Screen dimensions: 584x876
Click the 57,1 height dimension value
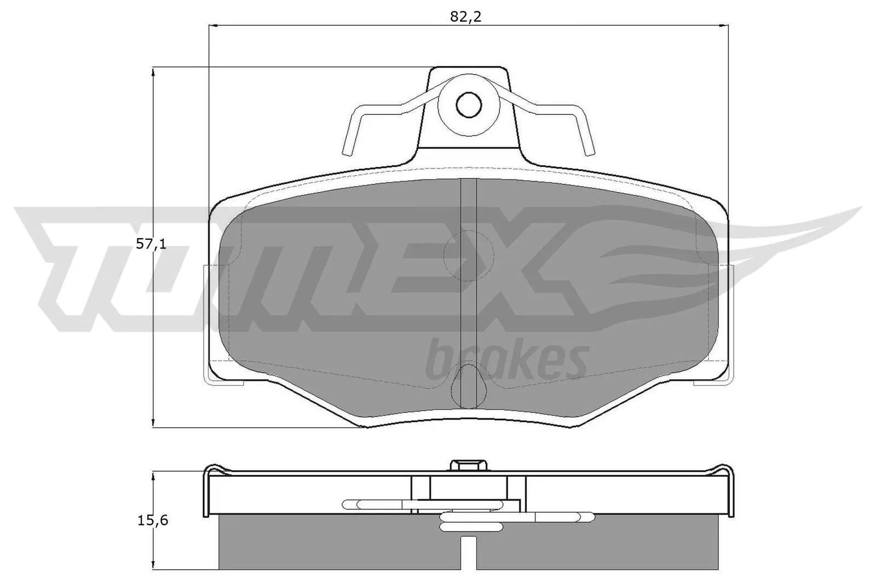pyautogui.click(x=151, y=244)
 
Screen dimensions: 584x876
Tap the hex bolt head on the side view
pyautogui.click(x=469, y=465)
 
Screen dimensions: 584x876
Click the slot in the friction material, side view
pyautogui.click(x=468, y=553)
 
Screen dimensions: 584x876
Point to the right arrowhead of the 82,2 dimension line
pyautogui.click(x=723, y=25)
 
